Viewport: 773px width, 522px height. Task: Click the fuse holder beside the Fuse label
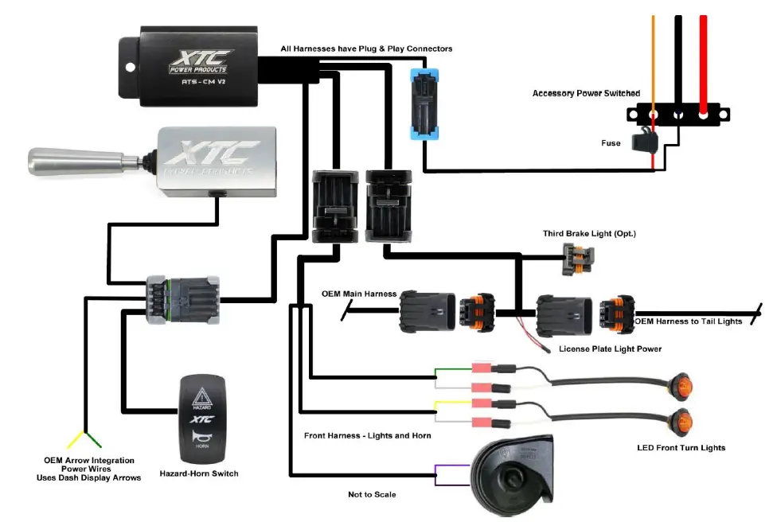(x=643, y=142)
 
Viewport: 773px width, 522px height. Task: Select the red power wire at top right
(x=703, y=60)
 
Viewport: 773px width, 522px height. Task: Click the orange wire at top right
(x=654, y=60)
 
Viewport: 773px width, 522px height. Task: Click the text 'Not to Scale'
(x=372, y=494)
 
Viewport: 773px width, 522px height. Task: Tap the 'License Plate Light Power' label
(x=610, y=349)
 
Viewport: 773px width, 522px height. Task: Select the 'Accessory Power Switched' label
(x=586, y=94)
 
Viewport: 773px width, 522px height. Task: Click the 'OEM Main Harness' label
(x=358, y=294)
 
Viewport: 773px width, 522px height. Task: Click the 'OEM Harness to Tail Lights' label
(x=689, y=321)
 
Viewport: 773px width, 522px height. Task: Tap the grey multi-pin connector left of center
(x=182, y=300)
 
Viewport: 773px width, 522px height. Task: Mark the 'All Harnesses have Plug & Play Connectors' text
(x=366, y=49)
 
